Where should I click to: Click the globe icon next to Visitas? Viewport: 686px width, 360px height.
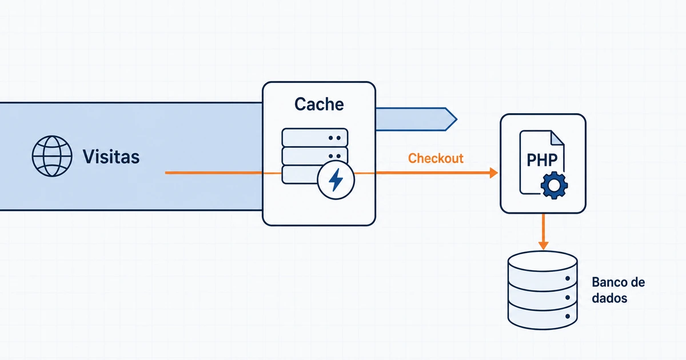tap(52, 156)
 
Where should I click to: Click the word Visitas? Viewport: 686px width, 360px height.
tap(111, 157)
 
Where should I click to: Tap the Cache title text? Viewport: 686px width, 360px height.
tap(319, 104)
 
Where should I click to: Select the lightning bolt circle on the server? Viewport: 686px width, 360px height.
tap(336, 180)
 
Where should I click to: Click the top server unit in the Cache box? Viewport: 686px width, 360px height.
tap(315, 138)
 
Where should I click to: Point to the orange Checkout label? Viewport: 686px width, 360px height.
tap(436, 158)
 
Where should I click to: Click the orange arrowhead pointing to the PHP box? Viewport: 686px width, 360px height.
tap(493, 173)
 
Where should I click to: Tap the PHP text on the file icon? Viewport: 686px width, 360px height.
tap(542, 160)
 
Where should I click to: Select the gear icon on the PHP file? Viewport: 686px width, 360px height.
tap(554, 186)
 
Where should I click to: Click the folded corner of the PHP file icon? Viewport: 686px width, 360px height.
tap(557, 138)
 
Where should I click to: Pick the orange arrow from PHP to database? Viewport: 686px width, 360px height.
tap(543, 232)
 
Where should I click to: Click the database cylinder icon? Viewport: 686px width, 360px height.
tap(543, 290)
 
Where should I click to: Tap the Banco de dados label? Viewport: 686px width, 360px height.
tap(619, 290)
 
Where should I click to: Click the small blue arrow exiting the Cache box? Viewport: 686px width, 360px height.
tap(417, 119)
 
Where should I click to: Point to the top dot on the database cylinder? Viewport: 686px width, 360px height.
tap(568, 278)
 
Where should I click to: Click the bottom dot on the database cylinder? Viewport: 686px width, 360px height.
tap(568, 316)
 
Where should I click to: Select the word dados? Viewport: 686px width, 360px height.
tap(609, 298)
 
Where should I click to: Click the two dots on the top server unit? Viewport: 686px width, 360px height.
tap(334, 138)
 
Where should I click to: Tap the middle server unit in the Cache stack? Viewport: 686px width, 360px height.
tap(315, 156)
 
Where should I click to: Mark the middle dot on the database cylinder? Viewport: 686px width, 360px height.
tap(568, 297)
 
